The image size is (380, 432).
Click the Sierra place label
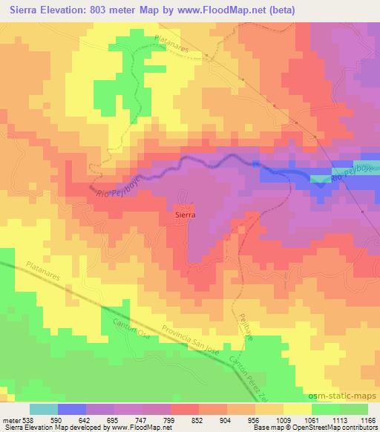click(x=185, y=214)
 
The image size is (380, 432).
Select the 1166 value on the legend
click(x=367, y=419)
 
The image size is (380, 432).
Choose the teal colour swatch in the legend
click(x=44, y=409)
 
